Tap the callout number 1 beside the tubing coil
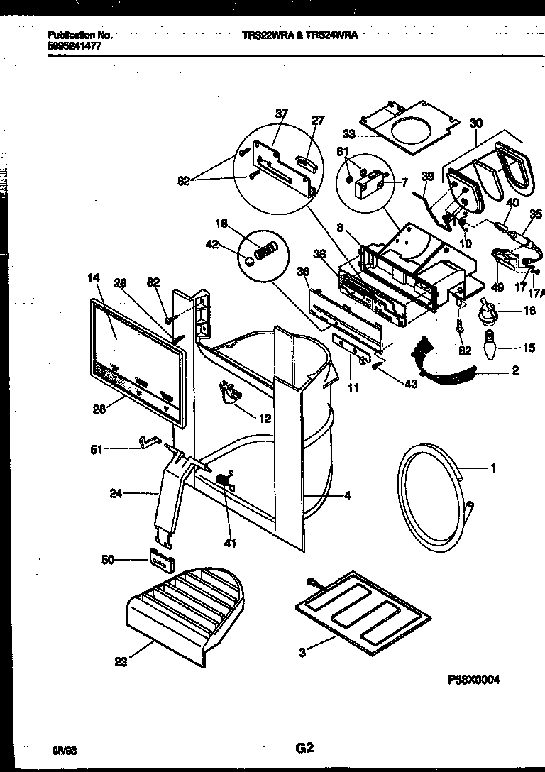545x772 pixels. (x=492, y=468)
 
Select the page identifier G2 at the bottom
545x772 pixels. (x=304, y=746)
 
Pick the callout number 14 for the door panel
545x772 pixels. (x=94, y=278)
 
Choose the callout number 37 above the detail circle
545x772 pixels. (x=282, y=115)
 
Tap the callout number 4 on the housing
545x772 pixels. (x=347, y=496)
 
